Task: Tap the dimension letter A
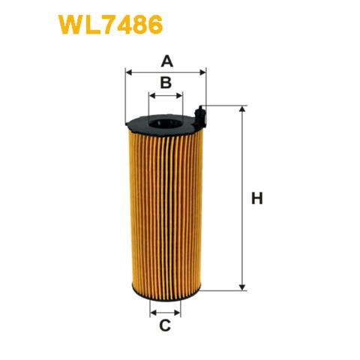(166, 61)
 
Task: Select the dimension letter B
(166, 82)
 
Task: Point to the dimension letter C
(166, 325)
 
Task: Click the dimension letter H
(257, 199)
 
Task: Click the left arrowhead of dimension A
(128, 73)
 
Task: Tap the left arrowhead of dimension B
(152, 96)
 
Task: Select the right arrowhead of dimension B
(180, 96)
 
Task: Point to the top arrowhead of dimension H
(241, 109)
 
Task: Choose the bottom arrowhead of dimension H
(241, 287)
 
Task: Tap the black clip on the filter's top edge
(200, 114)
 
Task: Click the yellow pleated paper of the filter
(166, 210)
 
